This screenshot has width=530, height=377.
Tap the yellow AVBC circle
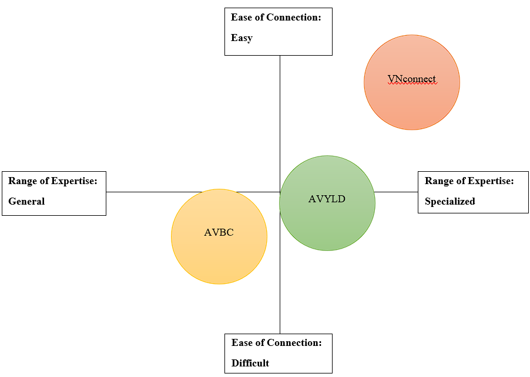[x=219, y=258]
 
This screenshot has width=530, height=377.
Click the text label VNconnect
[x=411, y=79]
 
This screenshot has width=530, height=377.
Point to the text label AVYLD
[x=327, y=199]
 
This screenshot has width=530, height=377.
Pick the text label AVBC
[x=219, y=232]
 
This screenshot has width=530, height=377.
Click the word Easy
[x=241, y=38]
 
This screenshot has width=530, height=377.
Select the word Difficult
[x=250, y=363]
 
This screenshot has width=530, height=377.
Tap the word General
[x=26, y=201]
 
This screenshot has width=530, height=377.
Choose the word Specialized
[x=450, y=201]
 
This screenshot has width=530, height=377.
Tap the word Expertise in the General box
[x=75, y=181]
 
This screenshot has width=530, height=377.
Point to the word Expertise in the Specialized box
[x=491, y=181]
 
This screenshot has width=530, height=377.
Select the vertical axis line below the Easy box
[x=280, y=106]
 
